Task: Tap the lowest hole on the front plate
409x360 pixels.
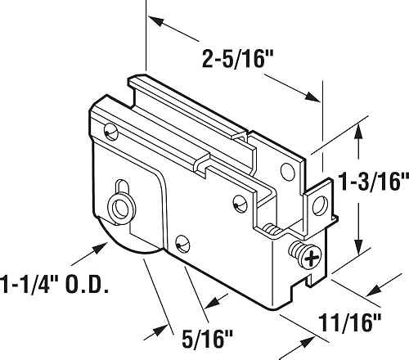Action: click(182, 242)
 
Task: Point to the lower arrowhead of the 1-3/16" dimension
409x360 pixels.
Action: click(357, 250)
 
